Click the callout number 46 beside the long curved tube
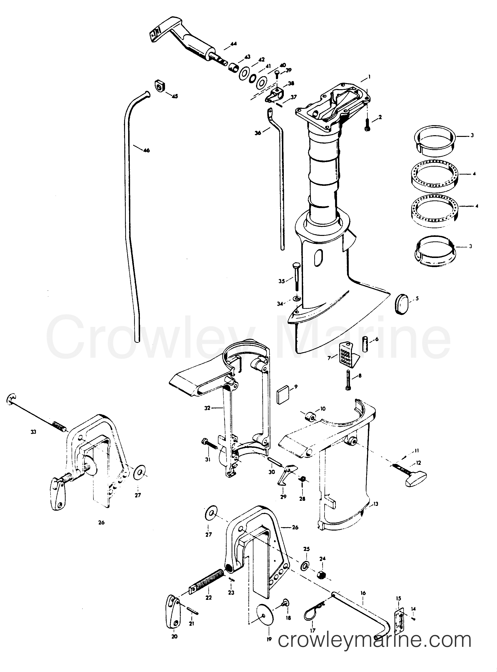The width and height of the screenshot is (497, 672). tap(147, 150)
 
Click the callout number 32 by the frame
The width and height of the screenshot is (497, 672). tap(215, 408)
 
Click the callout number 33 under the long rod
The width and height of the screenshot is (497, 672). tap(33, 432)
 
